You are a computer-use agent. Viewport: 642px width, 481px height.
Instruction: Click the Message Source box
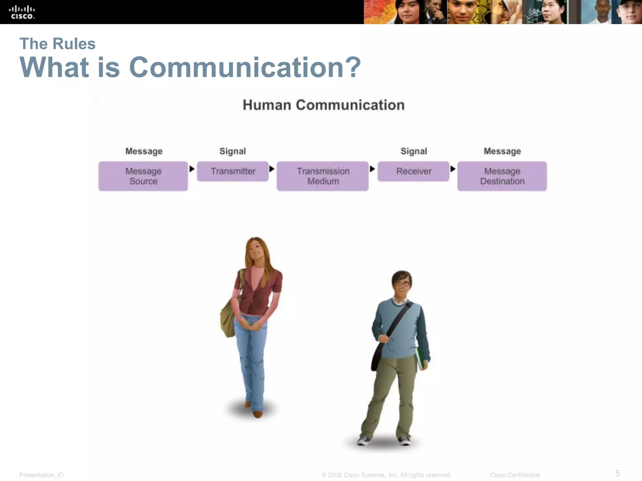pyautogui.click(x=143, y=176)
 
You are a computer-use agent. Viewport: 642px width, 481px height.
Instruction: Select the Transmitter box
pyautogui.click(x=233, y=171)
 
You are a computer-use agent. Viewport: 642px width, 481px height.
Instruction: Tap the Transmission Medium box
pyautogui.click(x=323, y=176)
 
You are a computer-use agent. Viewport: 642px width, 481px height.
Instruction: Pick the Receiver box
pyautogui.click(x=413, y=171)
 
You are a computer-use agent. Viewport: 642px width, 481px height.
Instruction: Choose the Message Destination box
pyautogui.click(x=502, y=176)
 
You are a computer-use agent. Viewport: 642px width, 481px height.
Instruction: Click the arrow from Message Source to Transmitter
pyautogui.click(x=192, y=169)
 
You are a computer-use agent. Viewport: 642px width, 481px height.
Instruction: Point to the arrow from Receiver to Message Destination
pyautogui.click(x=453, y=169)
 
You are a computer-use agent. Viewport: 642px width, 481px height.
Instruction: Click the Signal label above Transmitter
pyautogui.click(x=233, y=151)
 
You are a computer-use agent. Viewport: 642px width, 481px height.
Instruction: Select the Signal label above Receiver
pyautogui.click(x=414, y=151)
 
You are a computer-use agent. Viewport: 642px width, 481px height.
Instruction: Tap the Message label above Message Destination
pyautogui.click(x=502, y=151)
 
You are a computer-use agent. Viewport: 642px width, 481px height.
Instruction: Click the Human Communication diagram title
pyautogui.click(x=324, y=105)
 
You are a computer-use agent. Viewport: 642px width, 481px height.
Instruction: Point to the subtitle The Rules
pyautogui.click(x=57, y=44)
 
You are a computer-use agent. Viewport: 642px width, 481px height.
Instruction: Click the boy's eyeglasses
pyautogui.click(x=402, y=284)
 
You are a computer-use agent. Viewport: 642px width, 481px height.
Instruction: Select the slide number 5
pyautogui.click(x=618, y=473)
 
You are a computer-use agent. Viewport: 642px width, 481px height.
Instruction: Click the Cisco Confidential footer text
pyautogui.click(x=515, y=475)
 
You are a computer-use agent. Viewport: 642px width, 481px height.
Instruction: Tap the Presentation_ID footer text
pyautogui.click(x=41, y=475)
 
